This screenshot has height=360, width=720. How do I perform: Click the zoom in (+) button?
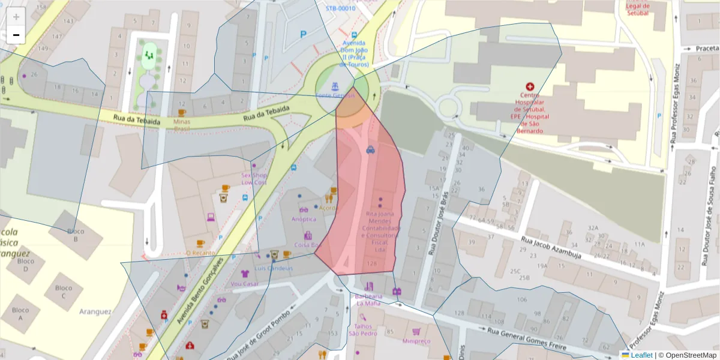[16, 17]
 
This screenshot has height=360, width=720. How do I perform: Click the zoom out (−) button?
[16, 35]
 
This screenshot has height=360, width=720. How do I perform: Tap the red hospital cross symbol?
[529, 87]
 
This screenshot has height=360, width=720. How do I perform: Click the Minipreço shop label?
[416, 341]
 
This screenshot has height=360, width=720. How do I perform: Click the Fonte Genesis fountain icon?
[335, 86]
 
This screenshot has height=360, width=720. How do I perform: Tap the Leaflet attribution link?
[641, 355]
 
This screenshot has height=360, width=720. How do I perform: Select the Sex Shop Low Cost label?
[254, 178]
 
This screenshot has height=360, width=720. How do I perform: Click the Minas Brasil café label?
[182, 125]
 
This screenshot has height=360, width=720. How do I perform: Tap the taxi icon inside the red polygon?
[371, 150]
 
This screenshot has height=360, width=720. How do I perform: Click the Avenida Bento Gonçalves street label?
[200, 292]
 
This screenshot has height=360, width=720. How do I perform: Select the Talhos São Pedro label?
[362, 330]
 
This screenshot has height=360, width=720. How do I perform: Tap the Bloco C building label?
[64, 292]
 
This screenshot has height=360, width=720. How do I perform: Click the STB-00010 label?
[340, 8]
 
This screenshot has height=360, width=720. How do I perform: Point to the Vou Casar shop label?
[244, 284]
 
